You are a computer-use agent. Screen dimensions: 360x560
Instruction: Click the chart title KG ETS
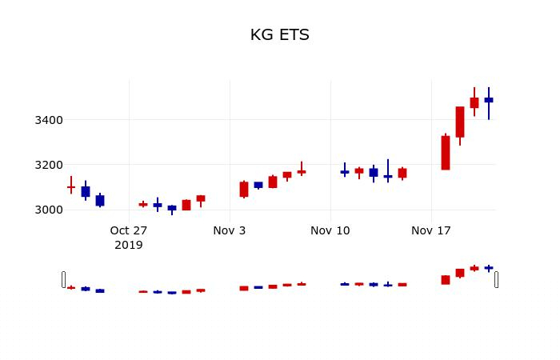(x=279, y=35)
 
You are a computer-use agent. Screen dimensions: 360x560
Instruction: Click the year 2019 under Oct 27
(x=129, y=246)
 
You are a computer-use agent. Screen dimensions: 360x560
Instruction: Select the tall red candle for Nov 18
(x=446, y=153)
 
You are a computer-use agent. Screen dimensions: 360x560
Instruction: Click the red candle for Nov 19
(x=460, y=122)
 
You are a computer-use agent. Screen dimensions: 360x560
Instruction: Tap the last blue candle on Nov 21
(x=489, y=100)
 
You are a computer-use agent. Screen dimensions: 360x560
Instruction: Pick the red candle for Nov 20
(x=474, y=102)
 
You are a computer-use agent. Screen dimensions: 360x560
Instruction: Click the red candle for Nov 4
(x=244, y=189)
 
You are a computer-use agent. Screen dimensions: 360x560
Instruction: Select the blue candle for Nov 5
(x=258, y=185)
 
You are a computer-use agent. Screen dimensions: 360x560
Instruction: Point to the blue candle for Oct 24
(x=86, y=192)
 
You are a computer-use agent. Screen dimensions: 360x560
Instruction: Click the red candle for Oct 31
(x=186, y=205)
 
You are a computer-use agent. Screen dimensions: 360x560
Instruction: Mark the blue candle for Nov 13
(x=374, y=172)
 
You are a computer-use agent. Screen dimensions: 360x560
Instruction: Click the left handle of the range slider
(x=64, y=279)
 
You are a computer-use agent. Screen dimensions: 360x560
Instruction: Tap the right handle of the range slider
(x=496, y=279)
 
